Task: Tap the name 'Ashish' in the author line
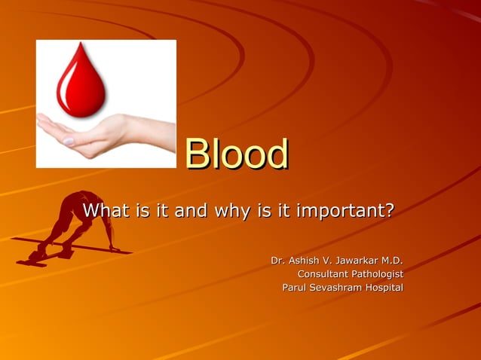point(305,261)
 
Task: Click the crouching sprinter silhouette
point(72,226)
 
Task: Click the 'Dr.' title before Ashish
point(277,261)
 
